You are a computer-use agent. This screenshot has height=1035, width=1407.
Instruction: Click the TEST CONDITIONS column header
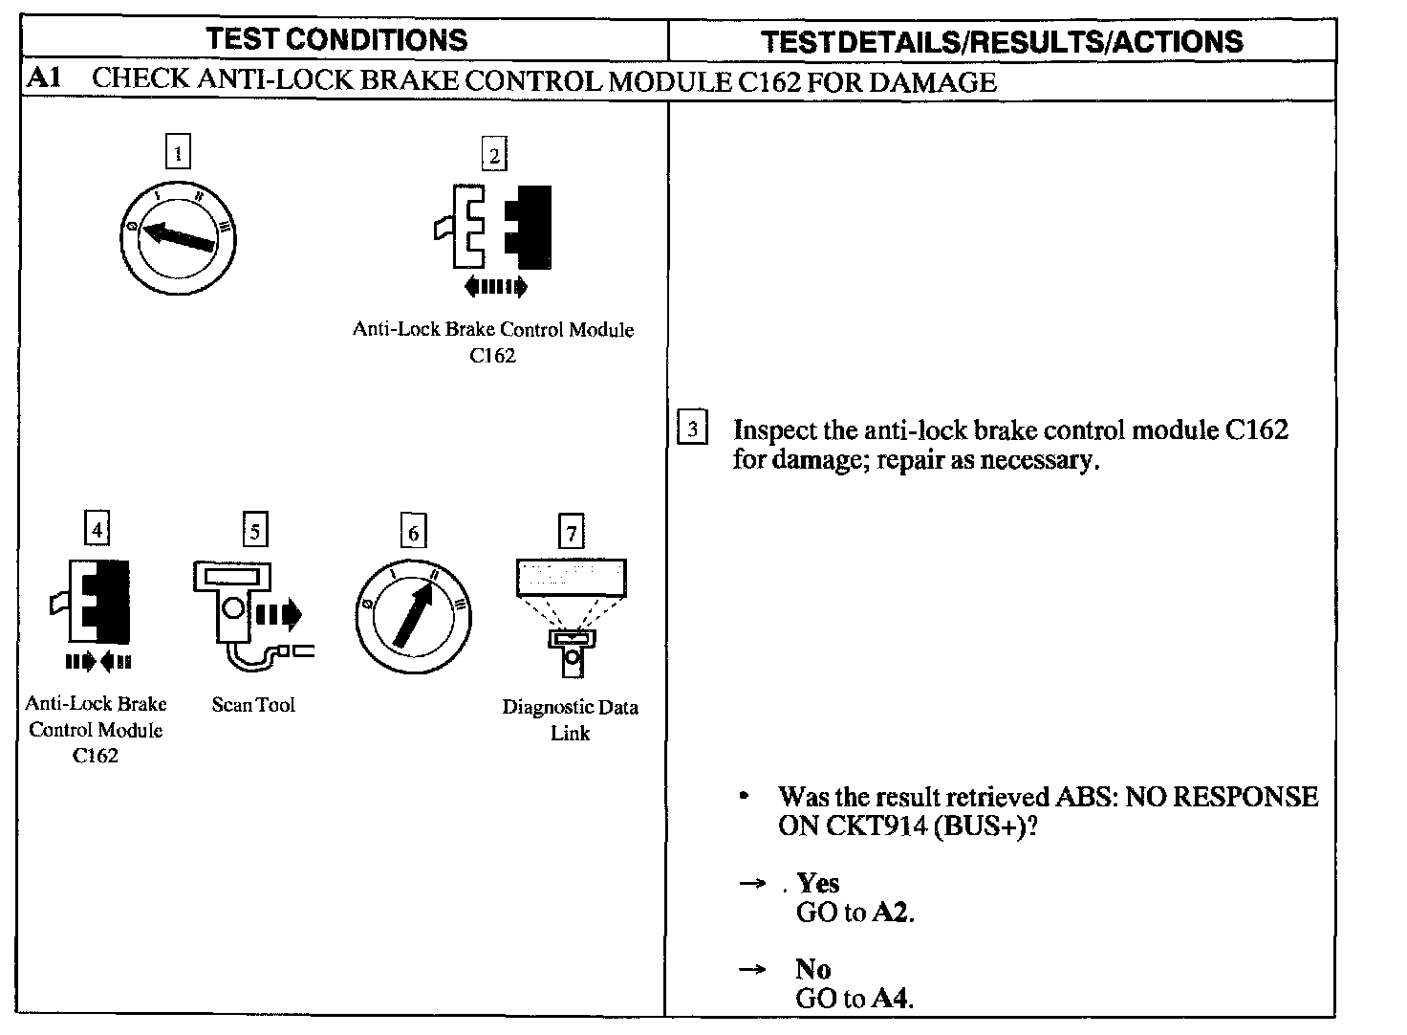click(336, 39)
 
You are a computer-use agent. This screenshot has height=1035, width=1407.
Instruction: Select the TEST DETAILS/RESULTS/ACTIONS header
click(1002, 41)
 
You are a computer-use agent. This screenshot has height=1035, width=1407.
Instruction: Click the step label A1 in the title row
click(44, 78)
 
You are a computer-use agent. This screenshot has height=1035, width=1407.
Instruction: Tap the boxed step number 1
click(178, 153)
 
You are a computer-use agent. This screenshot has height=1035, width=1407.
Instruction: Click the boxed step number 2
click(494, 155)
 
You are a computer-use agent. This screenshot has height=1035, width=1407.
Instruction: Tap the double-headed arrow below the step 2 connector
click(493, 286)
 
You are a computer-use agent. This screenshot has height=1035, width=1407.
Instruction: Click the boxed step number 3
click(692, 428)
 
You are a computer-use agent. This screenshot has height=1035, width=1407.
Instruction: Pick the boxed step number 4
click(97, 527)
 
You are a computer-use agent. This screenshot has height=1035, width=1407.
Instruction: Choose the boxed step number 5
click(254, 530)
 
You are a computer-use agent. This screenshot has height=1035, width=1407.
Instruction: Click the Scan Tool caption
click(253, 705)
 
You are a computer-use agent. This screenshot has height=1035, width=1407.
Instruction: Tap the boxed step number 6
click(413, 532)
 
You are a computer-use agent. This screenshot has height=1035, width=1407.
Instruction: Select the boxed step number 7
click(571, 532)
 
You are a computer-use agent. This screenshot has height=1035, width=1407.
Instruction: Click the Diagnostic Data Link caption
click(571, 719)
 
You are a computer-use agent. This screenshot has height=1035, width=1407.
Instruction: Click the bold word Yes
click(818, 883)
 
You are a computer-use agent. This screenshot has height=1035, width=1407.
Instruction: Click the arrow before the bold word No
click(752, 969)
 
